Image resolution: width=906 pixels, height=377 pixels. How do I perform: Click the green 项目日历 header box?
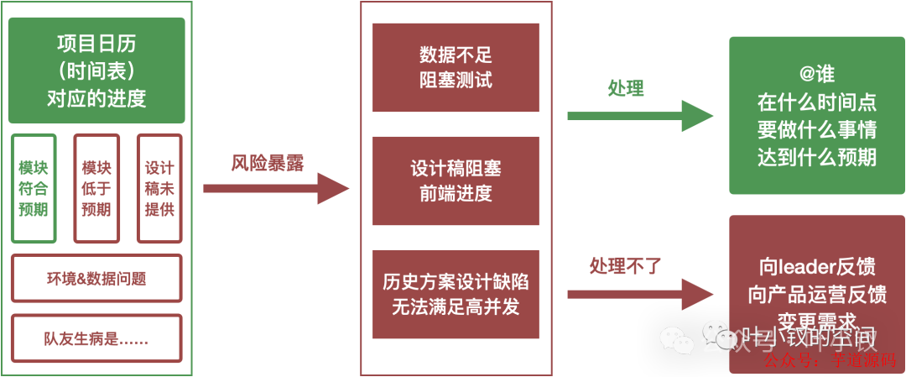(x=96, y=71)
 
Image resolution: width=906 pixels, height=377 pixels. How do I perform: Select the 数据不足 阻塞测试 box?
(x=456, y=68)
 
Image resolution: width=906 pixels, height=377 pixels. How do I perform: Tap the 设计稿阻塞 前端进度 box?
(x=456, y=181)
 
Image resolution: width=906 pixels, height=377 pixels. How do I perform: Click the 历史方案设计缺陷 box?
(x=456, y=294)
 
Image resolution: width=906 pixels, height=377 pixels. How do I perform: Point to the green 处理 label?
(x=626, y=89)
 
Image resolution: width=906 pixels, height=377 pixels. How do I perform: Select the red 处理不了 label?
(x=626, y=267)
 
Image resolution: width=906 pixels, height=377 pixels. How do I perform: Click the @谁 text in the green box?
(x=816, y=75)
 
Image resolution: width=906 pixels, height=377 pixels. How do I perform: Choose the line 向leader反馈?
(x=816, y=267)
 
